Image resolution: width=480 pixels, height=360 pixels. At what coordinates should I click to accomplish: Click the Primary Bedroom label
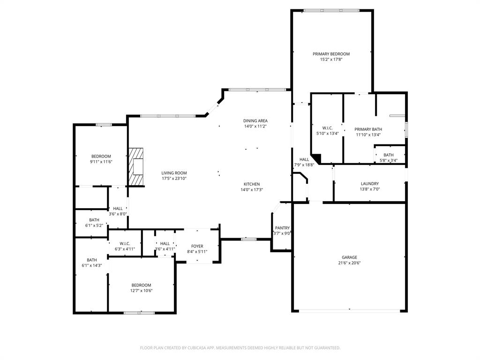331,54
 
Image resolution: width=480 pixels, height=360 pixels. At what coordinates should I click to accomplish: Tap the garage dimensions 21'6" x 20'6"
349,263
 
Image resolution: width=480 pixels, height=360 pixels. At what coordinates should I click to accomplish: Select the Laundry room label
369,184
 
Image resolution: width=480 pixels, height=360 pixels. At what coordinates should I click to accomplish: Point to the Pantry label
282,228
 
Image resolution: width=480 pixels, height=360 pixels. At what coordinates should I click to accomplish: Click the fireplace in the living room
136,167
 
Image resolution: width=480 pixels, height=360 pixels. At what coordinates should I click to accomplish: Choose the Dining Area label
255,120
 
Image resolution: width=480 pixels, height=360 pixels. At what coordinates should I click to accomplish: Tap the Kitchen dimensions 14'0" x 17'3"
251,190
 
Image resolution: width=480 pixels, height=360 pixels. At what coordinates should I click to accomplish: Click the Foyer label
197,246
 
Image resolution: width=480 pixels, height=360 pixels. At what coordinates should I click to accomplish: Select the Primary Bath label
368,129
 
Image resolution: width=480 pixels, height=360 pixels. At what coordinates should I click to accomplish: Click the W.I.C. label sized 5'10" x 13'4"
327,128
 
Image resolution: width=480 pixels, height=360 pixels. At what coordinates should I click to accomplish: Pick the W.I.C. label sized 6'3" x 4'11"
125,243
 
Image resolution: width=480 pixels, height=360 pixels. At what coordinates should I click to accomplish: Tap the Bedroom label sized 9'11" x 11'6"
101,156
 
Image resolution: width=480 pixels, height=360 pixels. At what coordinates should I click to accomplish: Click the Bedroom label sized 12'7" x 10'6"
141,285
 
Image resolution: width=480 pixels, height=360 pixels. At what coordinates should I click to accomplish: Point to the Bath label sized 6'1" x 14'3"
91,260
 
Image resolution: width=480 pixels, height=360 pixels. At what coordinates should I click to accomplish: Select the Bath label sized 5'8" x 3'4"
388,155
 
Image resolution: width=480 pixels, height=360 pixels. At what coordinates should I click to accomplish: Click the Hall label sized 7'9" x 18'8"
304,159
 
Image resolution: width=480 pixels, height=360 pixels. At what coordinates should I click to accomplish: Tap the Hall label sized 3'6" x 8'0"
118,209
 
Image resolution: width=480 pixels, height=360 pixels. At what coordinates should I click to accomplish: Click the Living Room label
174,173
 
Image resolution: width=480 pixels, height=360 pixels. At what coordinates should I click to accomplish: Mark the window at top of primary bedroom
331,10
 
